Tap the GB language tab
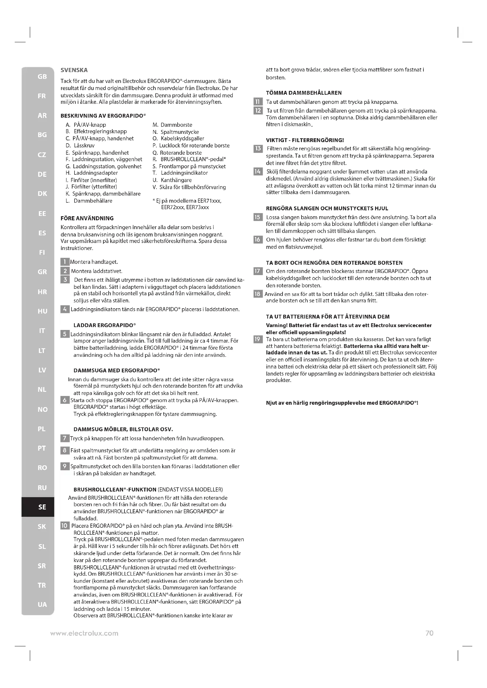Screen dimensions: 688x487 point(42,76)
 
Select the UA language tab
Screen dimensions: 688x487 point(42,604)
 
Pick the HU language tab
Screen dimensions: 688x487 point(42,311)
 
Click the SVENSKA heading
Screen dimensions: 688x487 point(74,70)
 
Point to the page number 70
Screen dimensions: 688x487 point(429,633)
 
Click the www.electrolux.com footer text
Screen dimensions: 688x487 point(84,634)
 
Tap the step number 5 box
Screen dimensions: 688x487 point(65,334)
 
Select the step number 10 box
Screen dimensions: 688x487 point(65,526)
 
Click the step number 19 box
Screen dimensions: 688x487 point(258,339)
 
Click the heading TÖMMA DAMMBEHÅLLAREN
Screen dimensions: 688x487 point(304,93)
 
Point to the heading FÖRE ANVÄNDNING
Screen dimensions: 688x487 point(87,218)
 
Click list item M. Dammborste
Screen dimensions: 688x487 point(173,125)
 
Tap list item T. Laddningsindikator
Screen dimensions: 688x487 point(180,173)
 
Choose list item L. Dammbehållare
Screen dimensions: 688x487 point(89,201)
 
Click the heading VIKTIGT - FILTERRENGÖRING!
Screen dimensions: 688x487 point(305,140)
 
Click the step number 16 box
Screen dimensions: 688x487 point(258,239)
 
